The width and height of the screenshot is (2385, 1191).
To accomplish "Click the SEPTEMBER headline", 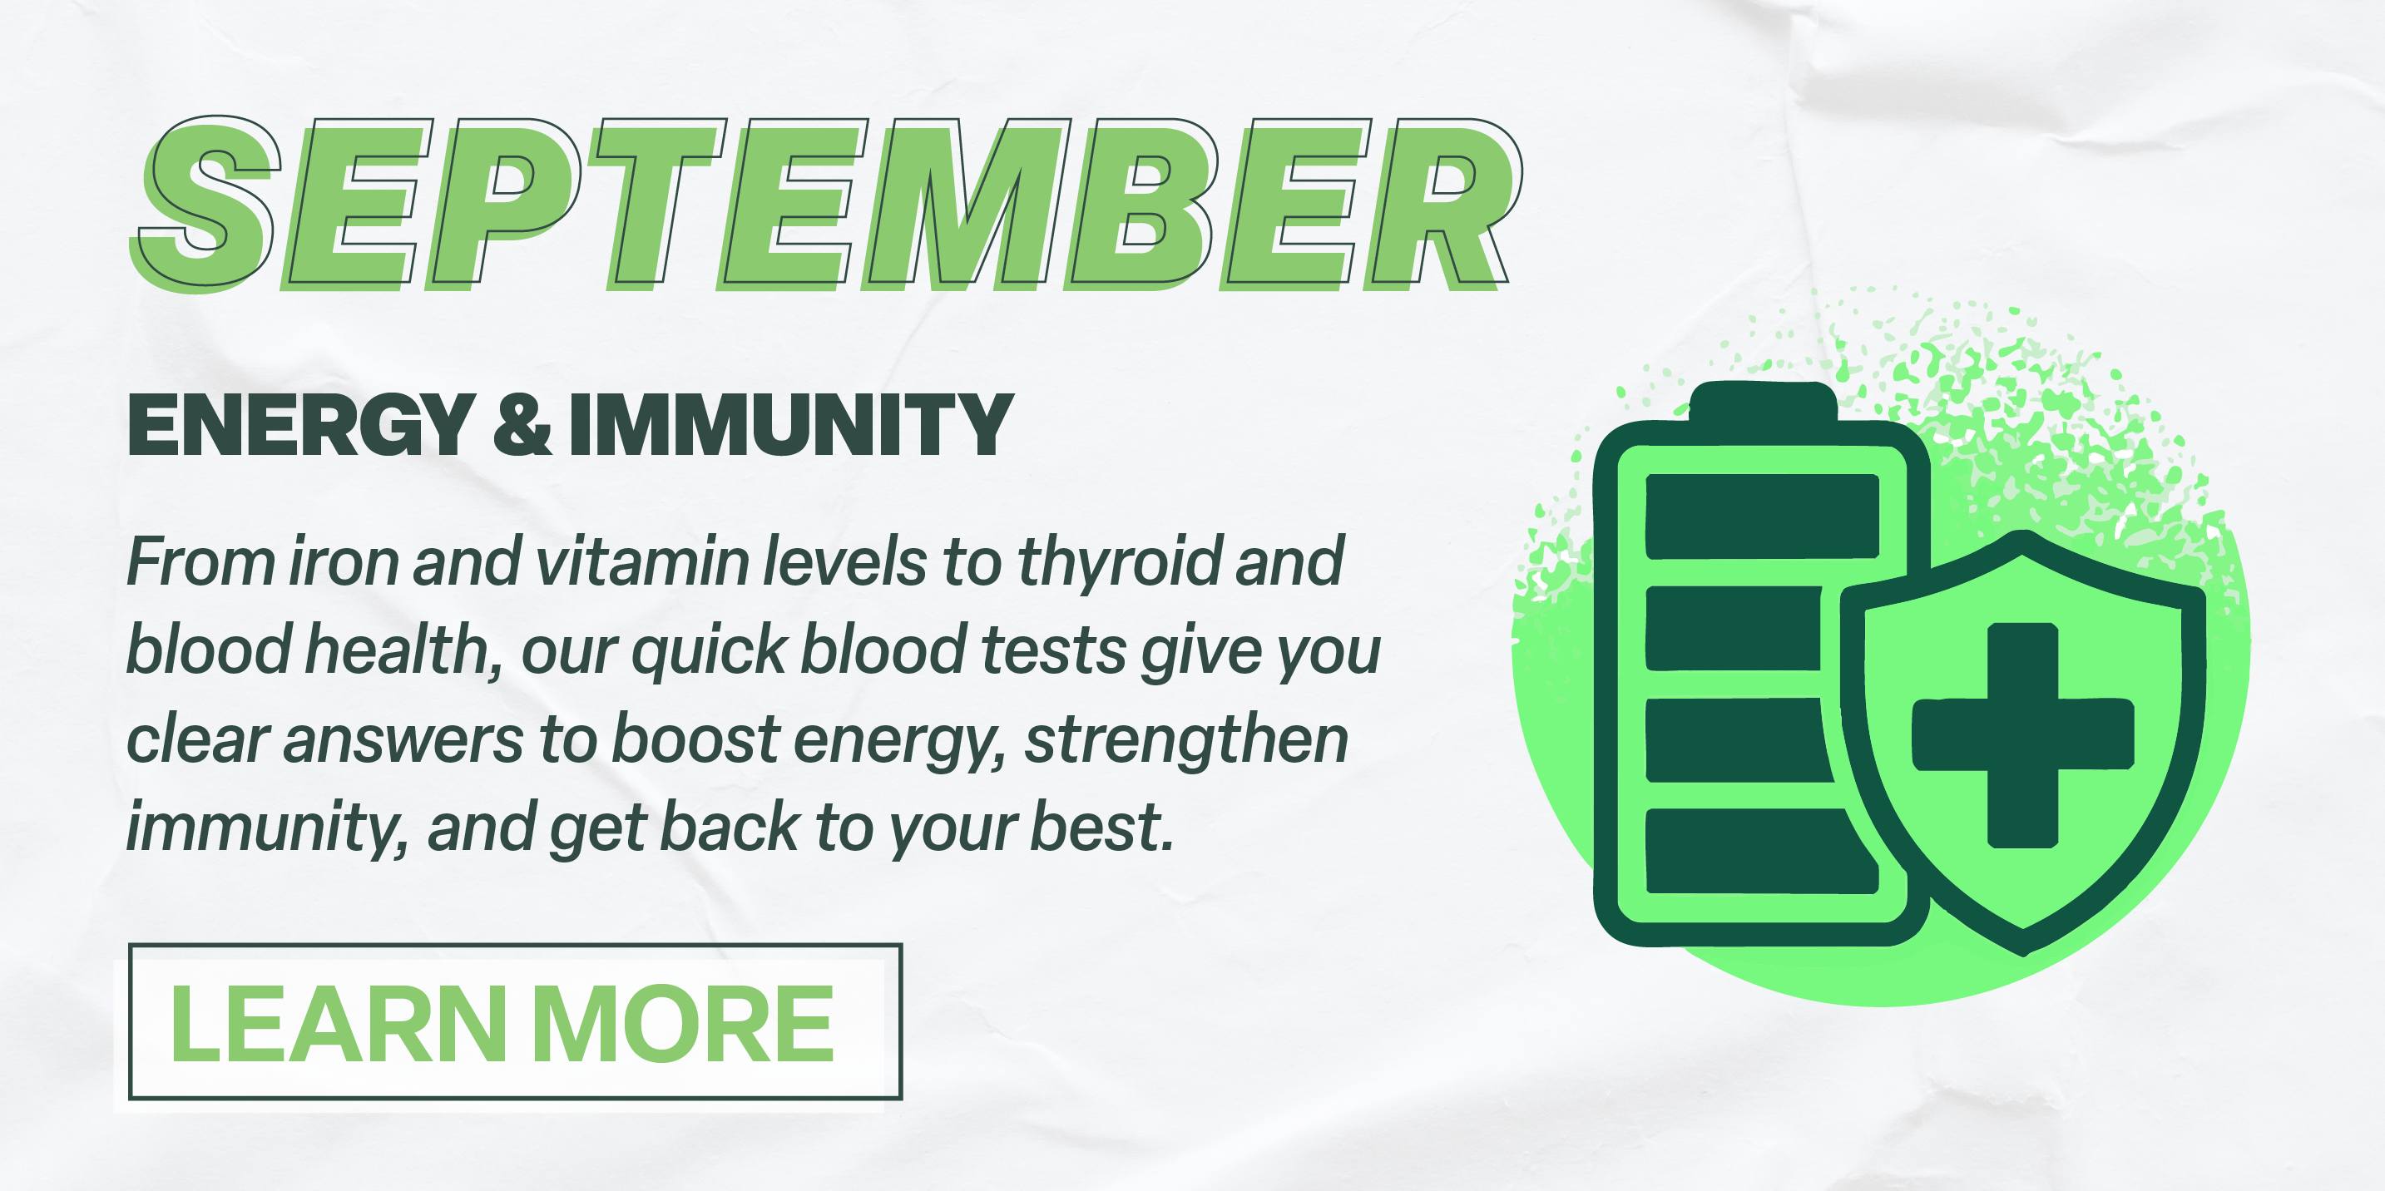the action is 826,203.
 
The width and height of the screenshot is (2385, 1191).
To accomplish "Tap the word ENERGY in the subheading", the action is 301,425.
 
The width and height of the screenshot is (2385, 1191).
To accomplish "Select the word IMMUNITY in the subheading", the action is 792,425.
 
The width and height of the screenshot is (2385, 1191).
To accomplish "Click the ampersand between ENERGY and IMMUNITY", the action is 522,424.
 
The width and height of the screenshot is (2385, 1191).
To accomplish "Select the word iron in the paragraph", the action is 344,561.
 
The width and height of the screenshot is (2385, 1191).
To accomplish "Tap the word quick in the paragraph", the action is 710,651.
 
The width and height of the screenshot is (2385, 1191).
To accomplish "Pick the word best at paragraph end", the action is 1103,828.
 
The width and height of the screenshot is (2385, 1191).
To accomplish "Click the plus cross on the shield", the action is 2023,734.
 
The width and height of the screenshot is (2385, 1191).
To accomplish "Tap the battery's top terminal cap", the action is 1763,402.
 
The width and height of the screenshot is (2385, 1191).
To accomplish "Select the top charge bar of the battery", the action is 1762,516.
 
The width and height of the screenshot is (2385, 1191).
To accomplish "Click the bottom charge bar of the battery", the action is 1759,852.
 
